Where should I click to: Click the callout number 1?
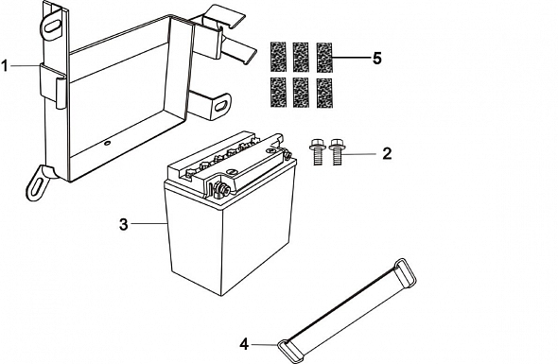(5, 66)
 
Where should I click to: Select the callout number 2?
(387, 153)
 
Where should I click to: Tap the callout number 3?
(123, 224)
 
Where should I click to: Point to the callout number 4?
(244, 344)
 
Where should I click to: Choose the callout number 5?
(377, 58)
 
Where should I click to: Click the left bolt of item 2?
(318, 152)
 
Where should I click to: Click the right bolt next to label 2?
(337, 152)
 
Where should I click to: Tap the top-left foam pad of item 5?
(278, 58)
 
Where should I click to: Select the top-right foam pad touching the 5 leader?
(324, 58)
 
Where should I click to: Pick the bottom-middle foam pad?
(301, 93)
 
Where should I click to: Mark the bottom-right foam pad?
(324, 93)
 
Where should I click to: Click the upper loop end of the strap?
(403, 272)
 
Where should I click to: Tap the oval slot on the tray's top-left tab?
(52, 26)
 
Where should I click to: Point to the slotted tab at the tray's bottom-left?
(38, 183)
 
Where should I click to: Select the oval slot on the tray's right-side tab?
(220, 106)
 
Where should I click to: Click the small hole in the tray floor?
(106, 144)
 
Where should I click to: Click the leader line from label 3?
(149, 223)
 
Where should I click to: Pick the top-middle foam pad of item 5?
(301, 58)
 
